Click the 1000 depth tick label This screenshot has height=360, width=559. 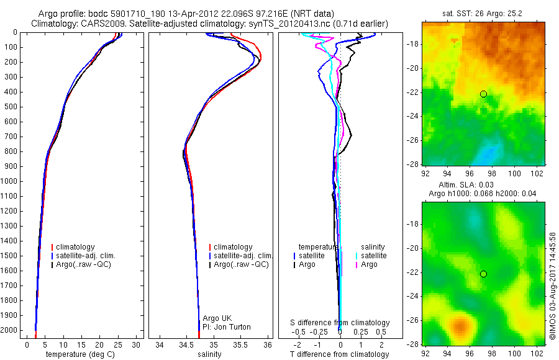[x=9, y=181]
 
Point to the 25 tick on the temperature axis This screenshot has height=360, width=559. [x=117, y=345]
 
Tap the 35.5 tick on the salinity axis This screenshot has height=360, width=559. [x=240, y=345]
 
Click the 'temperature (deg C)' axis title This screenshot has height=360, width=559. [x=80, y=354]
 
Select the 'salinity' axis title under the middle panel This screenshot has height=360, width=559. [x=209, y=354]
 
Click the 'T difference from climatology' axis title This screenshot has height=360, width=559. [x=339, y=354]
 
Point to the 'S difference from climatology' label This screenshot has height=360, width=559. [x=340, y=323]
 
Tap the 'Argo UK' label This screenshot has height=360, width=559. [x=217, y=318]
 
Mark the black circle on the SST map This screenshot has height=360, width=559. [x=483, y=94]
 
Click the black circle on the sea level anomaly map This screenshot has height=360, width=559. [x=483, y=274]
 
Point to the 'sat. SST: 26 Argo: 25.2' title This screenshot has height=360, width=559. [x=482, y=14]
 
